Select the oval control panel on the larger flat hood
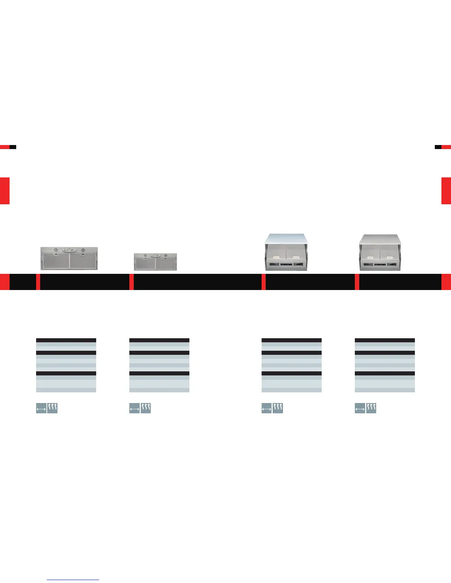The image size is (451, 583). coord(69,250)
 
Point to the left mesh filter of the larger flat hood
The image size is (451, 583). coord(55,260)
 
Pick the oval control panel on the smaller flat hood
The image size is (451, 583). coord(155,255)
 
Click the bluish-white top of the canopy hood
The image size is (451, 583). coord(286,238)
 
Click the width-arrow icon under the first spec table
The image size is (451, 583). coord(41,408)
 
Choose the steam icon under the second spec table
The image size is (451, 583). coord(146,408)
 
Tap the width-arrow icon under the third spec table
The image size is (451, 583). coord(267,408)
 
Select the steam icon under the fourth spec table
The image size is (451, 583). coord(371,408)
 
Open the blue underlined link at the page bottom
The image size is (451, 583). coord(73,580)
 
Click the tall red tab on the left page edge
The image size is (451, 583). coord(4,191)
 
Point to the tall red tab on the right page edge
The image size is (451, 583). coord(446,191)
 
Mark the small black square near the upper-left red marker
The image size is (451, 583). coord(13,147)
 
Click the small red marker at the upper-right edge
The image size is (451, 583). coord(446,147)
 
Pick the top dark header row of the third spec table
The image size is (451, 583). coord(291,340)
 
